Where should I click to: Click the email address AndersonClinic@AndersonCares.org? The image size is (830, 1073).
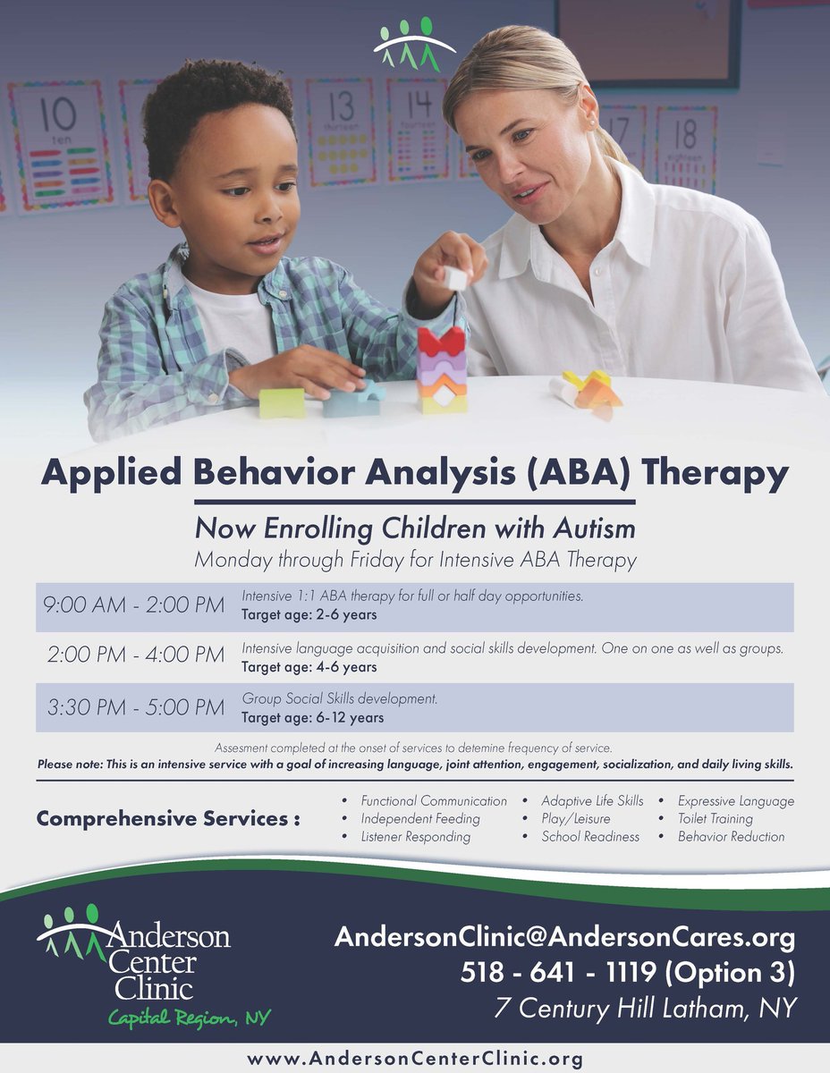coord(564,938)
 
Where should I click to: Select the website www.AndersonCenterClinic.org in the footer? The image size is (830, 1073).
coord(415,1059)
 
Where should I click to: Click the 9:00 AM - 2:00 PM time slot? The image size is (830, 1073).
coord(135,606)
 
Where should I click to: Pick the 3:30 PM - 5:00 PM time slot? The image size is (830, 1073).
coord(135,707)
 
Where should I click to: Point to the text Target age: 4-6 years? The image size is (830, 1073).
coord(309,667)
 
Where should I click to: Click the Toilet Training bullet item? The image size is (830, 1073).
coord(715,818)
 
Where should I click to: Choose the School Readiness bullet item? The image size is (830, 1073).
coord(590,836)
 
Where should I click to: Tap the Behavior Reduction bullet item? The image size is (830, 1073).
coord(731,836)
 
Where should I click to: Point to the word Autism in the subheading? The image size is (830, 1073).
coord(592,528)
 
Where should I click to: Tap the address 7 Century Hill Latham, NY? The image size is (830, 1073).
coord(644,1008)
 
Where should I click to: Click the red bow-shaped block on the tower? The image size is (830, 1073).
coord(442,342)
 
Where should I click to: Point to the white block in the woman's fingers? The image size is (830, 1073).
coord(456,278)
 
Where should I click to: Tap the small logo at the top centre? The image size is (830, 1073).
coord(414,43)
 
